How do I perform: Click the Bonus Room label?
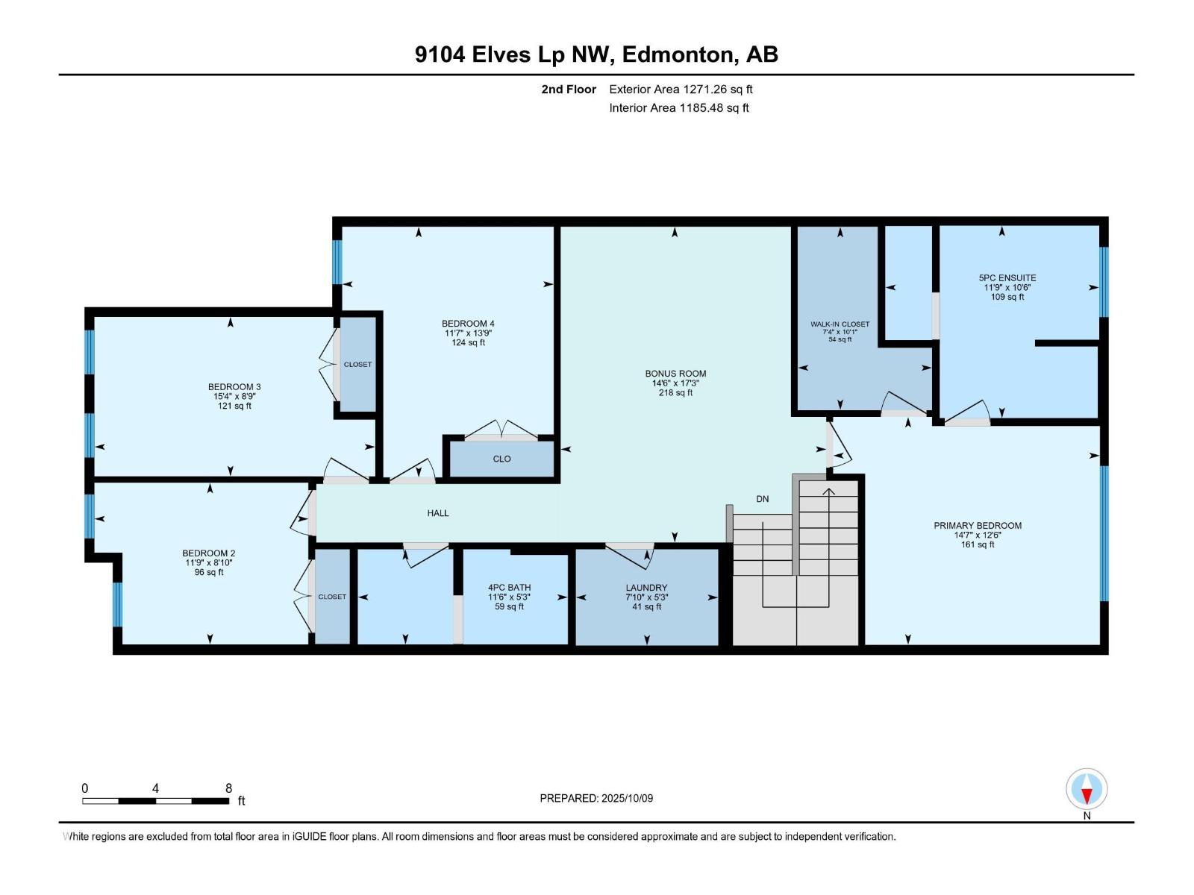click(x=675, y=374)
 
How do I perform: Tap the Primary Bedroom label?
click(x=978, y=526)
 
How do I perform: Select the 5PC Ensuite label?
click(x=1007, y=278)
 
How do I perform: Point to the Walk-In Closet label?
click(x=840, y=324)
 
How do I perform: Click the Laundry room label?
click(x=646, y=588)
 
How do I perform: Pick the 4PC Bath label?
click(x=509, y=588)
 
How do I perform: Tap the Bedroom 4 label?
click(x=468, y=324)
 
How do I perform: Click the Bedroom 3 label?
click(x=234, y=387)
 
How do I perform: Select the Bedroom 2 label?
click(x=209, y=553)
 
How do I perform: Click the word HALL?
click(x=438, y=513)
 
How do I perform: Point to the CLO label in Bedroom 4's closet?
click(x=501, y=459)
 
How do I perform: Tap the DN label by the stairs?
click(x=762, y=499)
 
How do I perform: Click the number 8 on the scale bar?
click(x=228, y=788)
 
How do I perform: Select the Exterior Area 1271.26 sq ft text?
click(x=681, y=89)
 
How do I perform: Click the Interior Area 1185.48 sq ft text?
click(x=678, y=108)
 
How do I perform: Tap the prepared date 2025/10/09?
click(x=627, y=798)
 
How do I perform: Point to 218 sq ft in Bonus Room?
click(x=675, y=393)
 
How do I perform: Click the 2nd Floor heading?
click(x=569, y=89)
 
